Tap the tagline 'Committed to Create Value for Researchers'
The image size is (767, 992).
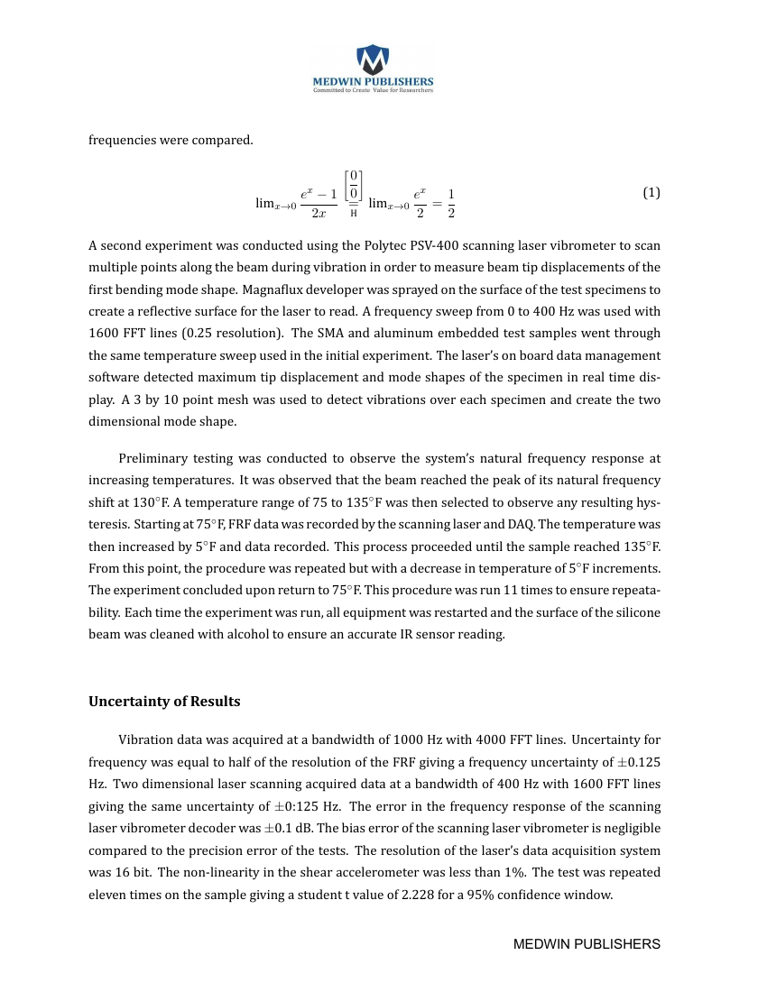coord(373,90)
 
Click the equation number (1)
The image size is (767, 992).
coord(651,193)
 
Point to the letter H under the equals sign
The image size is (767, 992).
coord(353,214)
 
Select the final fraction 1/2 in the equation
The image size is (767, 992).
coord(450,204)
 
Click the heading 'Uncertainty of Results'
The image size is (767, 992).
coord(164,702)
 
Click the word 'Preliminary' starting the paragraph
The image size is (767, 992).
coord(153,458)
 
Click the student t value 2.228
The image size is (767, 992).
coord(418,895)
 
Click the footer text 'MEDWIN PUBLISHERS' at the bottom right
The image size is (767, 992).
coord(587,944)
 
